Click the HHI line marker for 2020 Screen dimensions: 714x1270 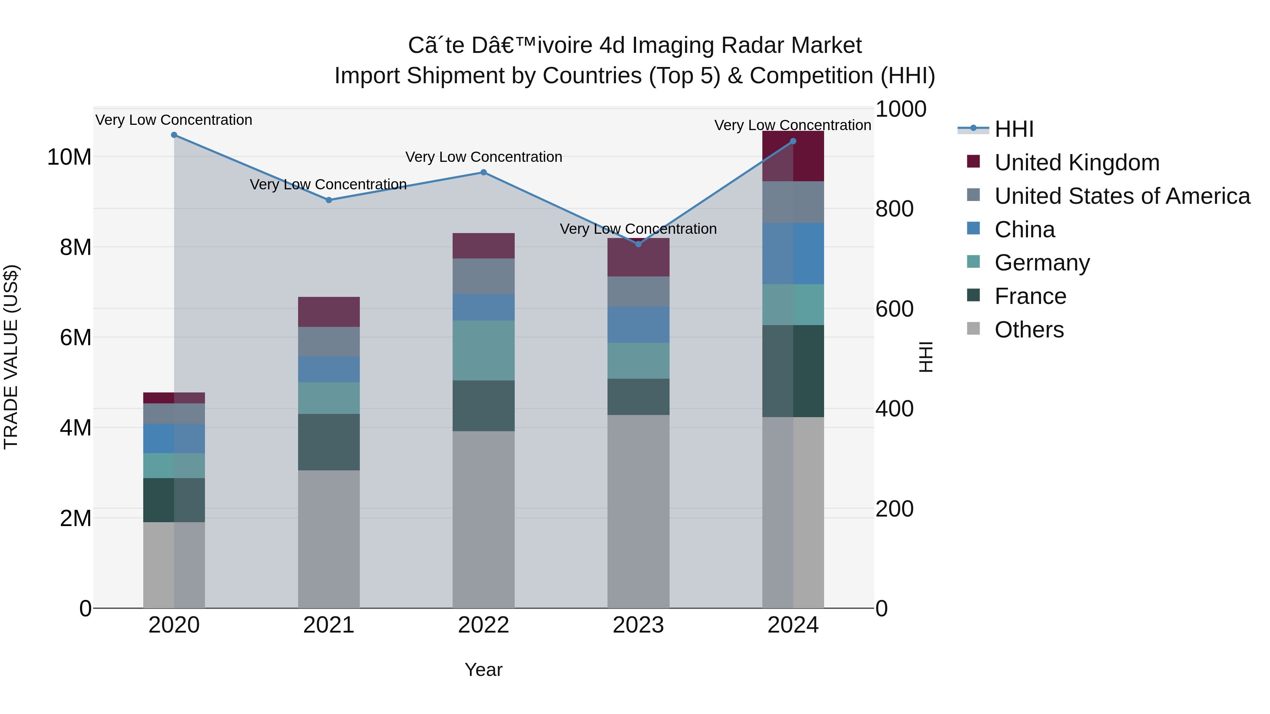pos(174,135)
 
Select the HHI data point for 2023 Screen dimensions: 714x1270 pos(639,244)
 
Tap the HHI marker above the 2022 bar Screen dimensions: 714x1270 pos(484,172)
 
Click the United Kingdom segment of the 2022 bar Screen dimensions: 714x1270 pos(484,246)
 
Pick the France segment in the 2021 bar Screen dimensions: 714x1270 pos(329,442)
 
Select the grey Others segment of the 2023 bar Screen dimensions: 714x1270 pos(639,512)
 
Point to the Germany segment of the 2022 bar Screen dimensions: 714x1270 pos(484,350)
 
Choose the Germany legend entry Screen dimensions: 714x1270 pos(1042,263)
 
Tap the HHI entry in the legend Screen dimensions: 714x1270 pos(1014,129)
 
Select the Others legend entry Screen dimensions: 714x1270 pos(1029,330)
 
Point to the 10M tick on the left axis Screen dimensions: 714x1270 pos(69,157)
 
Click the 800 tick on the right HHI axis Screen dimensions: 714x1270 pos(894,209)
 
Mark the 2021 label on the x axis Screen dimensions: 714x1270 pos(329,625)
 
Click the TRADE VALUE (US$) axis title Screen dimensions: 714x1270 pos(11,357)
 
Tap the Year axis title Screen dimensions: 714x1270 pos(484,670)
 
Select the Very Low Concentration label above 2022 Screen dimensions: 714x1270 pos(484,157)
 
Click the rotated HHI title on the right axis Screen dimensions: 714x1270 pos(926,357)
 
